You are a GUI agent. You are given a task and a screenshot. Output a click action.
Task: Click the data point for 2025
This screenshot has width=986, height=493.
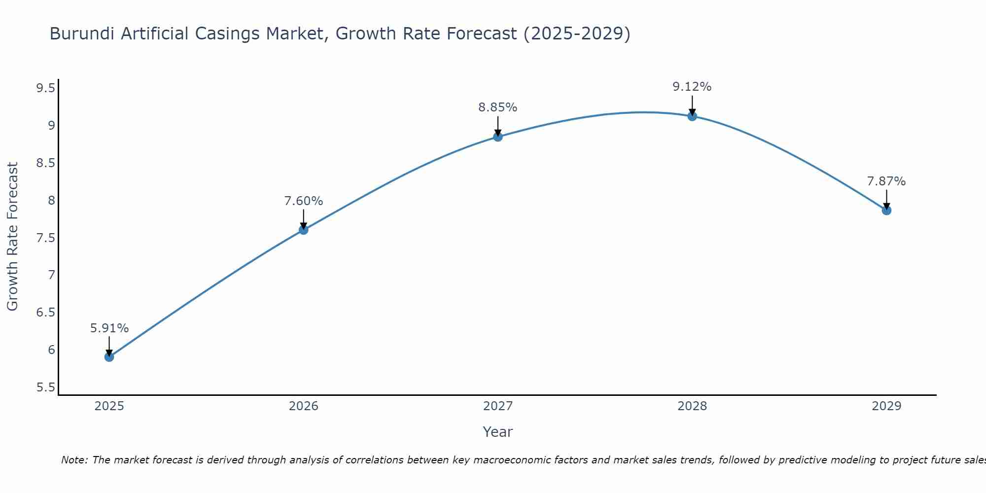(x=109, y=356)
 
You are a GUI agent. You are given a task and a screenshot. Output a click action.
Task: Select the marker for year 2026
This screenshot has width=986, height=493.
(x=303, y=230)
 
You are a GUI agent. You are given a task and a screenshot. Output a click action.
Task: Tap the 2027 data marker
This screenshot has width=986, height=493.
(x=498, y=137)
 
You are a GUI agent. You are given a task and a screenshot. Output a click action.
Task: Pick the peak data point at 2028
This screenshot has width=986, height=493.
(x=692, y=116)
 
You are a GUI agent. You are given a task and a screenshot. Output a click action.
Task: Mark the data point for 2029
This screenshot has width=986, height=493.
(x=886, y=211)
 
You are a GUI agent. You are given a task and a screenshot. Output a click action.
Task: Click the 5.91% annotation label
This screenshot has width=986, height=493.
(x=109, y=328)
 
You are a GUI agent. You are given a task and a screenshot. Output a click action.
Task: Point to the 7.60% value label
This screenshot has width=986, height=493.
(x=303, y=201)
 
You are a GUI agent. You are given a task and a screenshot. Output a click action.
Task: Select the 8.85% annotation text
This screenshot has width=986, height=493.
(x=498, y=107)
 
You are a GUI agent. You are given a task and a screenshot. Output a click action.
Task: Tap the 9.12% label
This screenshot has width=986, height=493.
(x=692, y=87)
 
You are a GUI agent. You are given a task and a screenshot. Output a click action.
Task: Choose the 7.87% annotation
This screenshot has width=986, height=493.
(x=886, y=181)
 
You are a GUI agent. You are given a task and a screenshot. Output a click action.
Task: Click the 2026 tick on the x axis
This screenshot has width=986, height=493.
(x=303, y=406)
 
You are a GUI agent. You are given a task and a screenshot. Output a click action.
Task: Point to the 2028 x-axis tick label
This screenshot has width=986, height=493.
(x=692, y=406)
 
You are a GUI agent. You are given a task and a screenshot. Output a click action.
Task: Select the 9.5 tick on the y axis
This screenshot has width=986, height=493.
(x=45, y=88)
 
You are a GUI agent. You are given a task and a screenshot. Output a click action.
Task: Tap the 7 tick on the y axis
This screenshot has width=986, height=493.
(x=51, y=275)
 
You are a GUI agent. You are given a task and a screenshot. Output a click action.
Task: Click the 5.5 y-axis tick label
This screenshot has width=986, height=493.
(x=45, y=387)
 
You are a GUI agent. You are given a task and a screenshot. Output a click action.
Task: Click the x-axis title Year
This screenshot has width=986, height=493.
(x=498, y=432)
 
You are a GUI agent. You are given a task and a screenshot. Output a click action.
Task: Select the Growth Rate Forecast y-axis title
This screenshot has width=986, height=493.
(x=12, y=237)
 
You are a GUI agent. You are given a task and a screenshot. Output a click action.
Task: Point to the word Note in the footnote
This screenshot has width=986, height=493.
(x=74, y=460)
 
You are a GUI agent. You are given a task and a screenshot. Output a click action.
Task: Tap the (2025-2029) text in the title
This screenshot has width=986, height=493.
(x=577, y=34)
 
